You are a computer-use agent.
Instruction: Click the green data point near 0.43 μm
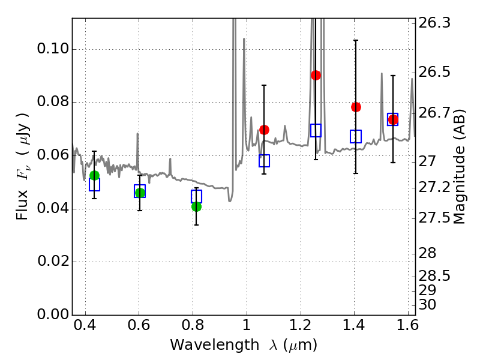pos(94,175)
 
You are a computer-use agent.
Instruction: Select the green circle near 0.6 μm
pos(140,193)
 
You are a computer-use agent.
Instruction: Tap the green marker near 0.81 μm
pos(196,206)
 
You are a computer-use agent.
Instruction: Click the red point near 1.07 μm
pos(264,130)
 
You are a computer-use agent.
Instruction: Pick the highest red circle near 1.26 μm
pos(316,75)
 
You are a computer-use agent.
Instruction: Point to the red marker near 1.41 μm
pos(356,107)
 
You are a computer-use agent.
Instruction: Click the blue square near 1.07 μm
pos(264,161)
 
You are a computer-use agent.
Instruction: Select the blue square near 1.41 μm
pos(356,136)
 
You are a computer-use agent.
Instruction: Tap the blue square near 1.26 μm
pos(316,130)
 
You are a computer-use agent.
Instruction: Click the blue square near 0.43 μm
pos(94,185)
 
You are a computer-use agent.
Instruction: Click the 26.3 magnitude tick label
pos(434,23)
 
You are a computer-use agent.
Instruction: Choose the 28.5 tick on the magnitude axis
pos(434,276)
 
